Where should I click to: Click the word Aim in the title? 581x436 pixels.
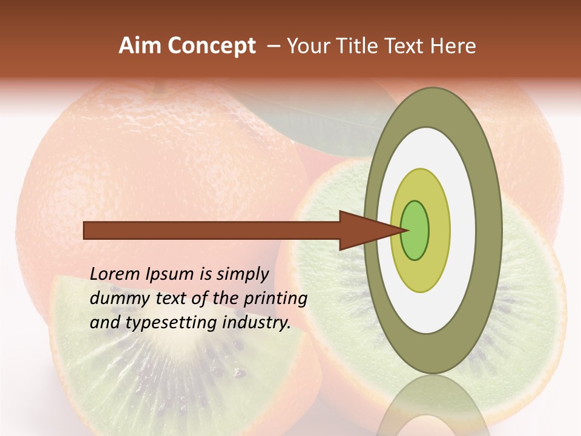pos(140,45)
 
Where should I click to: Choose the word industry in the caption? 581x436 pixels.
pos(255,323)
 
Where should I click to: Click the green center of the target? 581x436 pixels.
pos(415,231)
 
